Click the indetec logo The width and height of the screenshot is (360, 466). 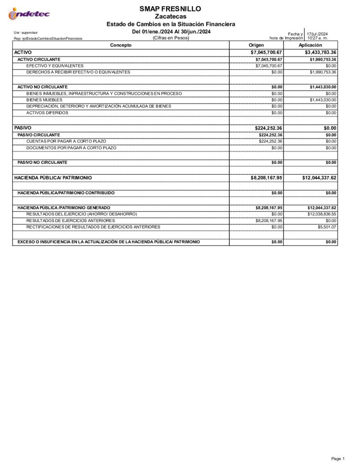[x=29, y=15]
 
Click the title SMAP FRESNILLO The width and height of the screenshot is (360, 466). [x=171, y=9]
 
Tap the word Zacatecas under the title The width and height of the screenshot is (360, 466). [x=171, y=16]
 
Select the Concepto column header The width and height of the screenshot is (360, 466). [x=121, y=45]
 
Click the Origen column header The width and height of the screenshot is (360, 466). [x=256, y=45]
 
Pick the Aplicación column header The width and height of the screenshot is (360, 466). [x=310, y=45]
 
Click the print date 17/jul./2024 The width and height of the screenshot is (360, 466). [x=317, y=34]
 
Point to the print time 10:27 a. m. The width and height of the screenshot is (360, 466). [x=317, y=38]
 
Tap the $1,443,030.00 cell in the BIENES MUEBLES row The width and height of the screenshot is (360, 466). [x=323, y=100]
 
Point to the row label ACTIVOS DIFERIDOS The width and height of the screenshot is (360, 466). [x=47, y=112]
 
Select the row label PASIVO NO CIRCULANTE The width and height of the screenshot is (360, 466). [x=42, y=162]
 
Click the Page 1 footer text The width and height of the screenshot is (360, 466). [x=338, y=458]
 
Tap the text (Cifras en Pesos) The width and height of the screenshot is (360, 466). [x=171, y=38]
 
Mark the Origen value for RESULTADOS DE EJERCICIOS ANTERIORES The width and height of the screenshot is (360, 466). [x=269, y=220]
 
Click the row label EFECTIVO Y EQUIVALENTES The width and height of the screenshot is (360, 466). [x=55, y=66]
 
